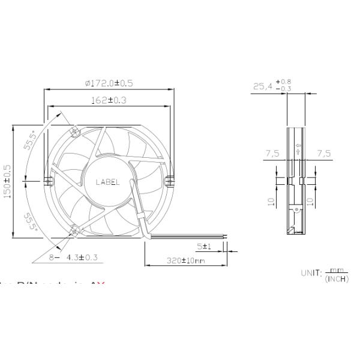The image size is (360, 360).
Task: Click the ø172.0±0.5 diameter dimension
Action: point(109,83)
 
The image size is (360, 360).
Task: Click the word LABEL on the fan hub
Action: point(108,182)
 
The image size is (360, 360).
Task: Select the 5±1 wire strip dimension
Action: point(204,247)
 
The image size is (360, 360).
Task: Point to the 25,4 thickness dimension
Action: point(262,87)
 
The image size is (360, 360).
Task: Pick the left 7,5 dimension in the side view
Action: point(272,154)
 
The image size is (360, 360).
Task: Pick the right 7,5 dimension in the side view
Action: point(324,154)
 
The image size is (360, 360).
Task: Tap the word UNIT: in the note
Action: point(312,273)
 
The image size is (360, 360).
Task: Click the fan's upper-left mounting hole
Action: point(74,131)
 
